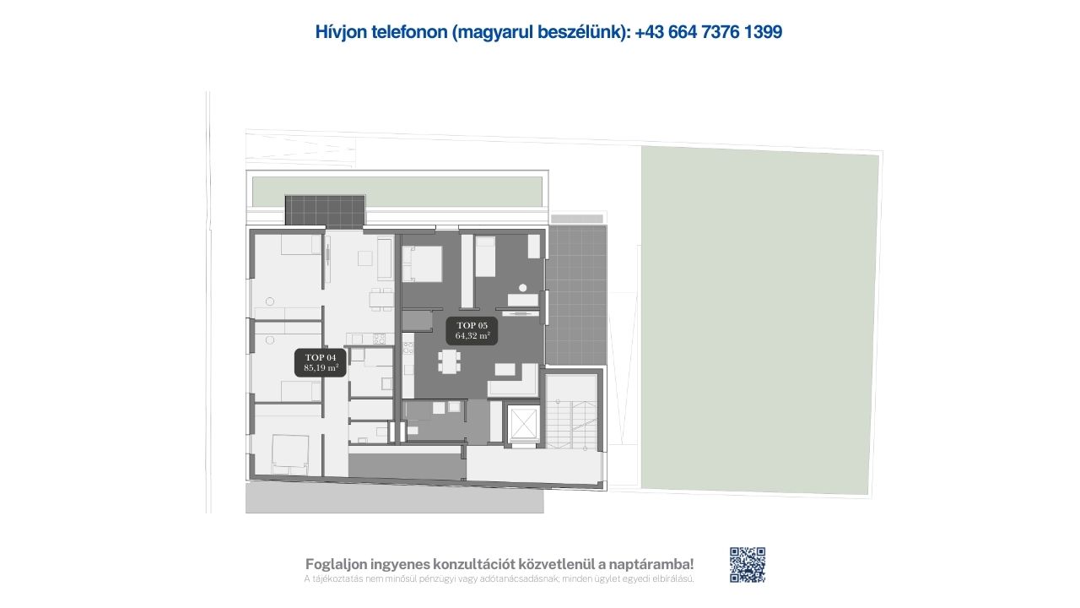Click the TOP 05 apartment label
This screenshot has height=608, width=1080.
[472, 330]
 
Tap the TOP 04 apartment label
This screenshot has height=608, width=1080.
[321, 362]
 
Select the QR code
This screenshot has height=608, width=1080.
[748, 565]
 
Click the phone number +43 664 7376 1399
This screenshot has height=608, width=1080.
[708, 32]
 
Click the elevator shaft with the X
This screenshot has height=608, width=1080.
[524, 423]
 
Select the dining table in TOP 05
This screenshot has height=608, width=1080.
[449, 361]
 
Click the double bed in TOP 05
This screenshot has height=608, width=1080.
[423, 263]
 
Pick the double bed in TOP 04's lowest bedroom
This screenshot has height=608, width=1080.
[289, 453]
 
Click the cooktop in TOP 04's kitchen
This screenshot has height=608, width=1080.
[380, 339]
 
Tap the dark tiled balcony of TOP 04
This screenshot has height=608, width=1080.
[325, 210]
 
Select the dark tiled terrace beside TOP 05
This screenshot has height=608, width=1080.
[576, 296]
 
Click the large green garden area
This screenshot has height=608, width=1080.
[759, 321]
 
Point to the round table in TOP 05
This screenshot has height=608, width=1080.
[522, 288]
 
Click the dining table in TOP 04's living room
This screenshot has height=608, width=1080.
[381, 299]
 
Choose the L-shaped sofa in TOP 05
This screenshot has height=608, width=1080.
[514, 381]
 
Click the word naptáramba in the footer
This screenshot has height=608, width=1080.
[651, 564]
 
